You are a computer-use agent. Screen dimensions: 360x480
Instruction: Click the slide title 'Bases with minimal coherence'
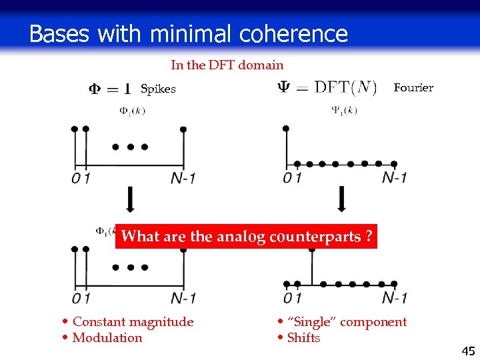pos(189,33)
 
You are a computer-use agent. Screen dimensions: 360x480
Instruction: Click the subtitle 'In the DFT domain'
pos(227,65)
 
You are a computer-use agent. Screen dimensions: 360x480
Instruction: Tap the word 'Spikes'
pos(158,89)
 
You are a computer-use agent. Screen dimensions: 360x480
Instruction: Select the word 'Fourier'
pos(413,87)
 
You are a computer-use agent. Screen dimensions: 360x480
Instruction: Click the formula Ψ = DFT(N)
pos(327,88)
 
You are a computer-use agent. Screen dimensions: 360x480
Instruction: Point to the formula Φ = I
pos(109,89)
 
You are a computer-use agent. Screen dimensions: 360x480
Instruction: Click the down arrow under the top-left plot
pos(130,199)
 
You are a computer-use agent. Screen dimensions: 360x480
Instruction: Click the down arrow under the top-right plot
pos(342,199)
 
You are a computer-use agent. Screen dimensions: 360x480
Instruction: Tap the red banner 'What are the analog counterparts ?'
pos(246,237)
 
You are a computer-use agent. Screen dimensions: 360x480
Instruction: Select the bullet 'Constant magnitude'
pos(133,322)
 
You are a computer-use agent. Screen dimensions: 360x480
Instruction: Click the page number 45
pos(468,351)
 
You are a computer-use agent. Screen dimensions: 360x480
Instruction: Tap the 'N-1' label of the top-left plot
pos(183,179)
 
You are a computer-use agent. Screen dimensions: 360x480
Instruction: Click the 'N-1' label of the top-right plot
pos(394,178)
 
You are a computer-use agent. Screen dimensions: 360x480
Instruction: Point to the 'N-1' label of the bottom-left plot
pos(183,298)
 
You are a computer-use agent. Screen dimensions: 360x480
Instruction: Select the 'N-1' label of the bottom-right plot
pos(394,298)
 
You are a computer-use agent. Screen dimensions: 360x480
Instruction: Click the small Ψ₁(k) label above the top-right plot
pos(344,111)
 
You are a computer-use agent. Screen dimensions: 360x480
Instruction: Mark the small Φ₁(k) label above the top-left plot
pos(132,111)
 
